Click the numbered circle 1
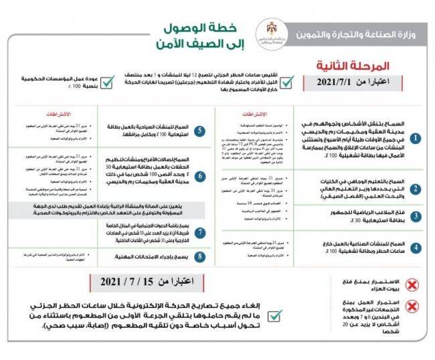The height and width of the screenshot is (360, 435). pos(415,138)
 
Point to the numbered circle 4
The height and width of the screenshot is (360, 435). pos(415,247)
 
